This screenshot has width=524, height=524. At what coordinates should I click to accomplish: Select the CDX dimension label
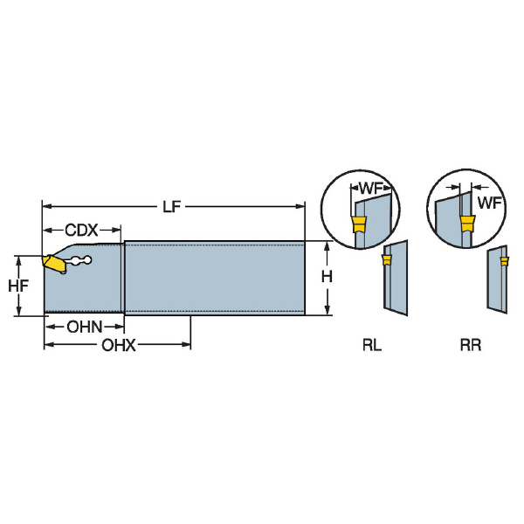pos(80,230)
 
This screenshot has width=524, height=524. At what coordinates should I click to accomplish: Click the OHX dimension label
pos(119,346)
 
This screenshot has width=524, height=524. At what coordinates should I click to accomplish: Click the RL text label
pos(372,345)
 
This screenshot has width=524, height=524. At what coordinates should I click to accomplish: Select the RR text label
pos(471,345)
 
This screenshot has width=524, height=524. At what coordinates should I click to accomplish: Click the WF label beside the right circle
pos(489,203)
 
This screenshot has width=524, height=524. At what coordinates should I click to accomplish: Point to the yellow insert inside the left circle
pos(357,225)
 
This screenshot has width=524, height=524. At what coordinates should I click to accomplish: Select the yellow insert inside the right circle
pos(467,225)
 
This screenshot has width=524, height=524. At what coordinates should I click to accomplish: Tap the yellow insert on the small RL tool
pos(387,259)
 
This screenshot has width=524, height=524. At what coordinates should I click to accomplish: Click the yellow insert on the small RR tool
pos(503,259)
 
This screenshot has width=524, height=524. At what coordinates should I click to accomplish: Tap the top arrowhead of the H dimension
pos(327,245)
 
